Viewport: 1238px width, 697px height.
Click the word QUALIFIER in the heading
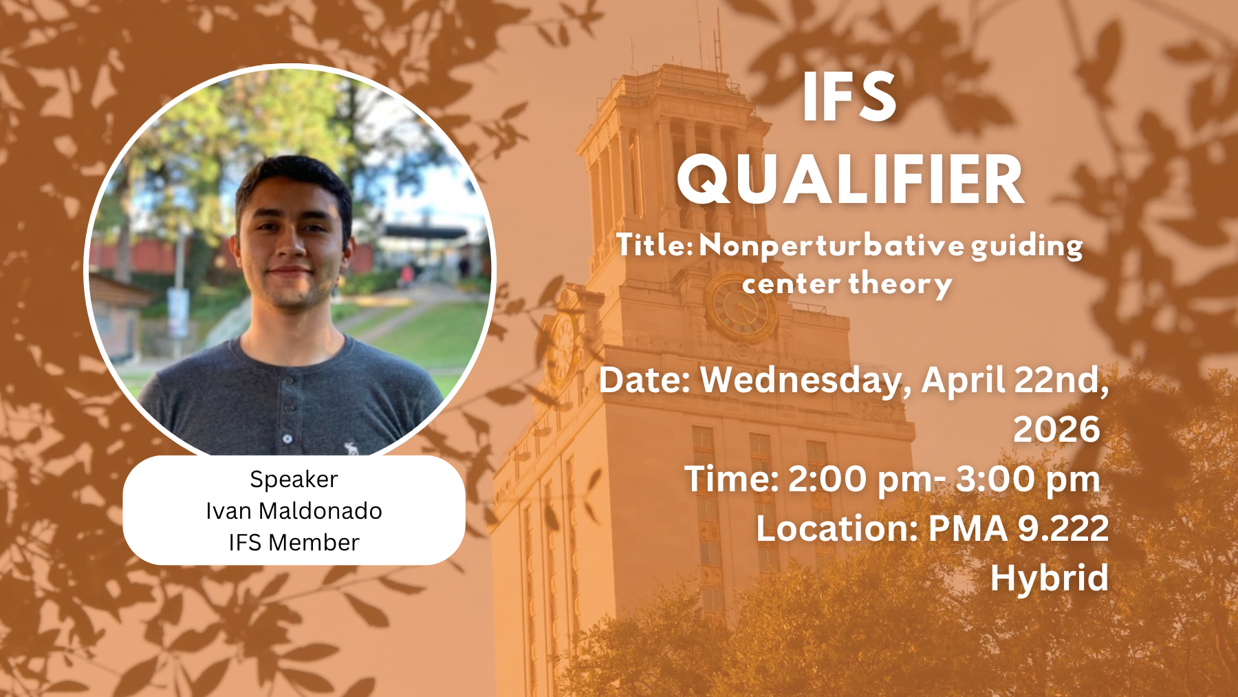[x=851, y=180]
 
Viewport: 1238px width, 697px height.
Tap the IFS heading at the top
[x=850, y=98]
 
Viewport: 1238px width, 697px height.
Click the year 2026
[x=1057, y=430]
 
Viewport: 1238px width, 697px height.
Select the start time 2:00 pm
[x=860, y=480]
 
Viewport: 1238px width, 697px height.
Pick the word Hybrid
[x=1050, y=578]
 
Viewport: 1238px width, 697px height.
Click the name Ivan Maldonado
[x=294, y=511]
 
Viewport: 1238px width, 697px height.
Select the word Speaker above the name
[x=294, y=480]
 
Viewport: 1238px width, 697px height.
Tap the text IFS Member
[x=294, y=542]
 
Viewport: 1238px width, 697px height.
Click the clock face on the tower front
[x=741, y=307]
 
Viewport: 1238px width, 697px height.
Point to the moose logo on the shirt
[x=352, y=449]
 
